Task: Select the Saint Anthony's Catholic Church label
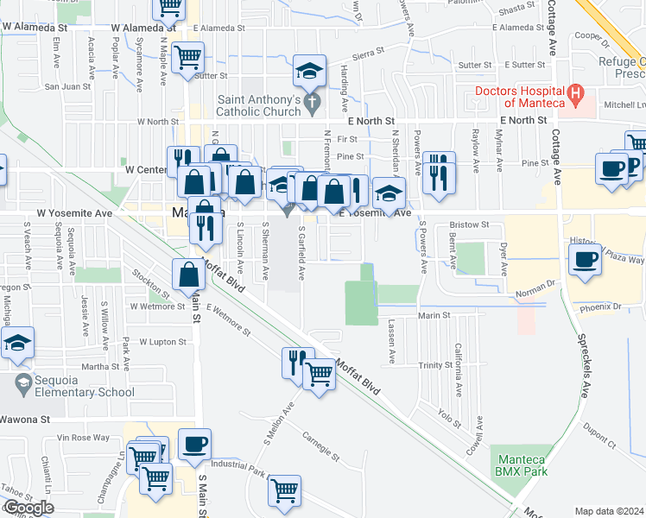(x=257, y=105)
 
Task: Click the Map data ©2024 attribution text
(x=609, y=511)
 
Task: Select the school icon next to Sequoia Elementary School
(x=17, y=344)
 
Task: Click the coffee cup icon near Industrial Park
(x=194, y=444)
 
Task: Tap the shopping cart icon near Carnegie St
(x=284, y=490)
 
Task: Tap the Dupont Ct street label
(x=599, y=435)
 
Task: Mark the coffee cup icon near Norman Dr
(x=585, y=258)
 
